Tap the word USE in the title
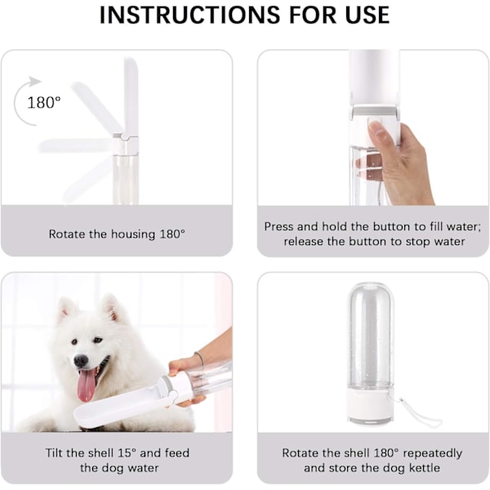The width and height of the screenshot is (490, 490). [x=367, y=15]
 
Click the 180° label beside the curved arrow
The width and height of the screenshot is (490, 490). [x=44, y=103]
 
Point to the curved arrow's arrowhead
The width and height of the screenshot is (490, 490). [x=34, y=81]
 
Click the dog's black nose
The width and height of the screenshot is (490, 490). [x=81, y=361]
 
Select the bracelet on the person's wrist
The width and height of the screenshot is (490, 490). [x=199, y=361]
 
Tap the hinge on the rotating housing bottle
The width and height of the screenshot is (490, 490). [x=125, y=136]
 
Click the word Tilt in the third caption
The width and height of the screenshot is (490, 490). [x=55, y=452]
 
